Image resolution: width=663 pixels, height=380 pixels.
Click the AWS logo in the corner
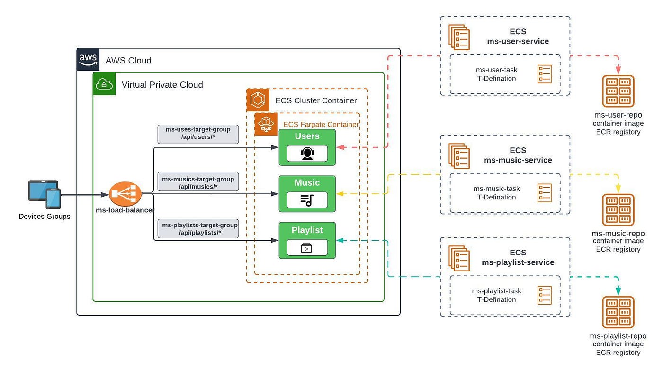tap(88, 60)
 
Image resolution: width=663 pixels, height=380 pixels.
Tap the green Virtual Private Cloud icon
tap(104, 84)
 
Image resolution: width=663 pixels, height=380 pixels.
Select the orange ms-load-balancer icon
tap(125, 194)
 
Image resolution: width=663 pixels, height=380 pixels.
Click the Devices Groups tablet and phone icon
tap(45, 194)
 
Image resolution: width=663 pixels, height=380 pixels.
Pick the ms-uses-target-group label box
tap(198, 134)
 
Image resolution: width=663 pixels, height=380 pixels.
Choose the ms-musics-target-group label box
tap(198, 181)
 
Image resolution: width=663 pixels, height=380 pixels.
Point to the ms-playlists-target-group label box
tap(198, 228)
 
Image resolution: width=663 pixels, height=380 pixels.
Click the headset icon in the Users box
tap(307, 154)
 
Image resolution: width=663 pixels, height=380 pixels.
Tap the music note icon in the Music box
tap(307, 200)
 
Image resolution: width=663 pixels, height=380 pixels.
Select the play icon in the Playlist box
tap(306, 248)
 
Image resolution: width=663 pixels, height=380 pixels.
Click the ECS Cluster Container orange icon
tap(258, 100)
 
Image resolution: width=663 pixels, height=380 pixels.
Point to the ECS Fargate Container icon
tap(266, 124)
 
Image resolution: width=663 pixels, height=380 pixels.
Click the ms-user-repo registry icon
tap(618, 91)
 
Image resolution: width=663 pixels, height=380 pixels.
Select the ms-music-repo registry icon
tap(618, 210)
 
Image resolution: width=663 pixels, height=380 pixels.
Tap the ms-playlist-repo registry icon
tap(618, 312)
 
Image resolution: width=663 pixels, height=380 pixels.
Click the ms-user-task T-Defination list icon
tap(544, 74)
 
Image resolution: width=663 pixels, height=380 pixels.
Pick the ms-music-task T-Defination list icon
tap(544, 193)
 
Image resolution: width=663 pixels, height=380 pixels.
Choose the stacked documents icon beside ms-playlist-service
tap(459, 258)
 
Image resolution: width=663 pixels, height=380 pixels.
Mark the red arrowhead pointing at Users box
tap(340, 147)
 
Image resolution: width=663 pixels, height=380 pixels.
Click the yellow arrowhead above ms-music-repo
tap(618, 189)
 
